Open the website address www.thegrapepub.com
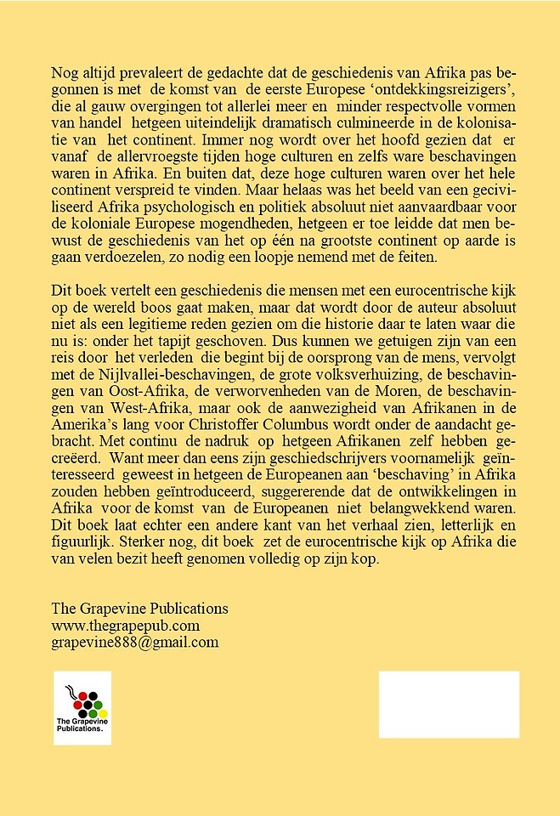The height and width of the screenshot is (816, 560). coord(126,626)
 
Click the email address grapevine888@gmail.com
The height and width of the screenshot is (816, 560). coord(135,643)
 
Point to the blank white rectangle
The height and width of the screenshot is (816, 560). coord(448,705)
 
